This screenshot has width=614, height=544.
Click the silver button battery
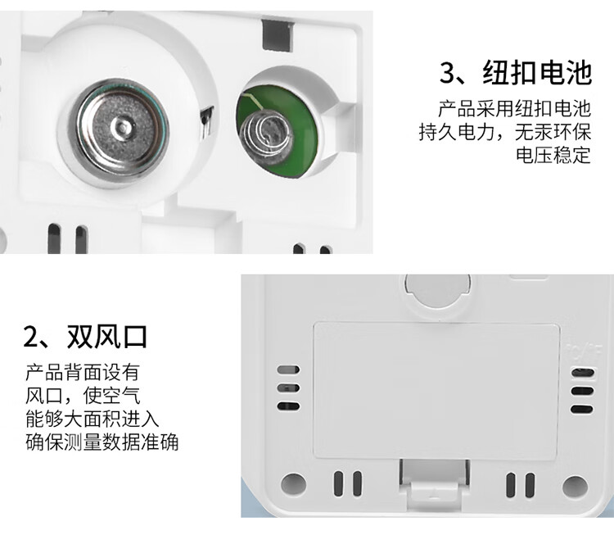click(123, 127)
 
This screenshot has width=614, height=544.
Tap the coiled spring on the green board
click(265, 136)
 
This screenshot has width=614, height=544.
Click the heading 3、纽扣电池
click(515, 73)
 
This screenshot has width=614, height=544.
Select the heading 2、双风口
click(85, 337)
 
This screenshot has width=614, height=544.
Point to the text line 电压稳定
click(553, 155)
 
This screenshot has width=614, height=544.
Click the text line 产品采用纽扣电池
click(514, 109)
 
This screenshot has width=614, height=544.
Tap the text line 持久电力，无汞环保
click(505, 132)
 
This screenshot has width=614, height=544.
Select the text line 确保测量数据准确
click(102, 442)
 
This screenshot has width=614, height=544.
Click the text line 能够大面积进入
click(92, 419)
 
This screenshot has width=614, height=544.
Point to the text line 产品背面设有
click(82, 372)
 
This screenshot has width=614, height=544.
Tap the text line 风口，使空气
click(82, 396)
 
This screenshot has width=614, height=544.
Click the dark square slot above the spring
click(278, 36)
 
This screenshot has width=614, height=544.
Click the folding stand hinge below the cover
click(434, 483)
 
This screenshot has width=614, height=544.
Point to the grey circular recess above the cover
click(437, 289)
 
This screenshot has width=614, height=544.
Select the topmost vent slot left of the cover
click(288, 369)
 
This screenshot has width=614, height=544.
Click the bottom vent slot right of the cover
click(582, 410)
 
